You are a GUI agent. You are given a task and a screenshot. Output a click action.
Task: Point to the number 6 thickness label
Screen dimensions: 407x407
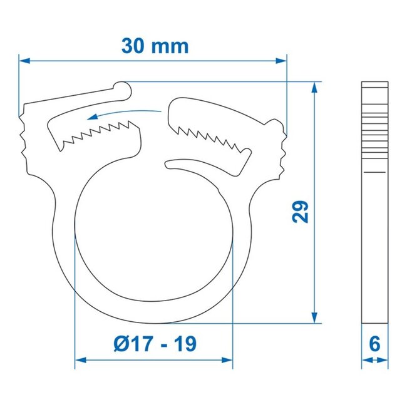coord(375,344)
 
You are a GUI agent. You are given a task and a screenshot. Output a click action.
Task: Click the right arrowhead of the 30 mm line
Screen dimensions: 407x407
coord(282,61)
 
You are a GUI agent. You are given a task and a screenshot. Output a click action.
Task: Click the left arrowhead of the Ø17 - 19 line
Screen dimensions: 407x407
coord(80,360)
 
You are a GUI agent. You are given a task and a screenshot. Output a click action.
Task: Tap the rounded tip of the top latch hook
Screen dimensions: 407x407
coord(125,90)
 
